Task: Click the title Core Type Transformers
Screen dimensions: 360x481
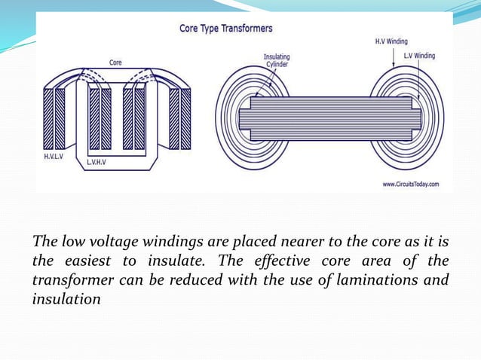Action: tap(225, 29)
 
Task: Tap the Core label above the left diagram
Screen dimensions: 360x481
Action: tap(115, 63)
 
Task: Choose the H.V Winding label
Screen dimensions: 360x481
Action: tap(391, 41)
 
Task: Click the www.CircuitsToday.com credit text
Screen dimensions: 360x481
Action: tap(411, 184)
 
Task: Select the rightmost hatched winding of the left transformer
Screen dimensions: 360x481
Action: tap(185, 119)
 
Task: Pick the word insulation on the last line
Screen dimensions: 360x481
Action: tap(66, 300)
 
